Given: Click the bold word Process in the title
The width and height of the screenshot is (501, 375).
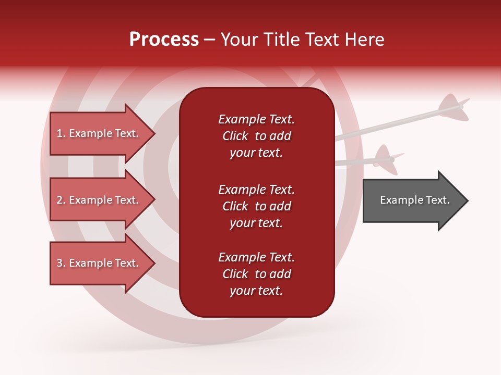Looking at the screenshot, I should (x=164, y=39).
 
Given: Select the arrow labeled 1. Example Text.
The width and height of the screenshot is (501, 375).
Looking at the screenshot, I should (x=99, y=133).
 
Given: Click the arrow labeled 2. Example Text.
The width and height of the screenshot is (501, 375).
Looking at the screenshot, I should (x=99, y=200).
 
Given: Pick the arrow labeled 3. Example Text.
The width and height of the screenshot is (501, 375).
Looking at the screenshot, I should (x=99, y=263).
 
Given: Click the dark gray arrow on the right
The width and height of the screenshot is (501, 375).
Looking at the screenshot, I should (x=412, y=200).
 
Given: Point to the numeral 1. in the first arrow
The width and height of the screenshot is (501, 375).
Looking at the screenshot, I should (x=61, y=133).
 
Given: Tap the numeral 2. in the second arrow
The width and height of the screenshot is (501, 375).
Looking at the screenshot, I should (x=61, y=200).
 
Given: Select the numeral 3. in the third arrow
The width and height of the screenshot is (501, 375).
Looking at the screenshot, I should (x=61, y=263).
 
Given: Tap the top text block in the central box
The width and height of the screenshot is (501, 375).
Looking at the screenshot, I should (x=256, y=136).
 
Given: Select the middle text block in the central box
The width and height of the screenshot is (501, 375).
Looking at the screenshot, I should (x=256, y=206).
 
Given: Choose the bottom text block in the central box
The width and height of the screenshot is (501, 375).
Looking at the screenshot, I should (x=256, y=274).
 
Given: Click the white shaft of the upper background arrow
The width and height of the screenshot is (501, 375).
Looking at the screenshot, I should (x=397, y=122).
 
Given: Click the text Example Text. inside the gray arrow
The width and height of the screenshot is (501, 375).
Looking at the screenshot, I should (x=414, y=200).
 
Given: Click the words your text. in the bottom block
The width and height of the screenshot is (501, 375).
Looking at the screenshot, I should (x=256, y=291).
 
